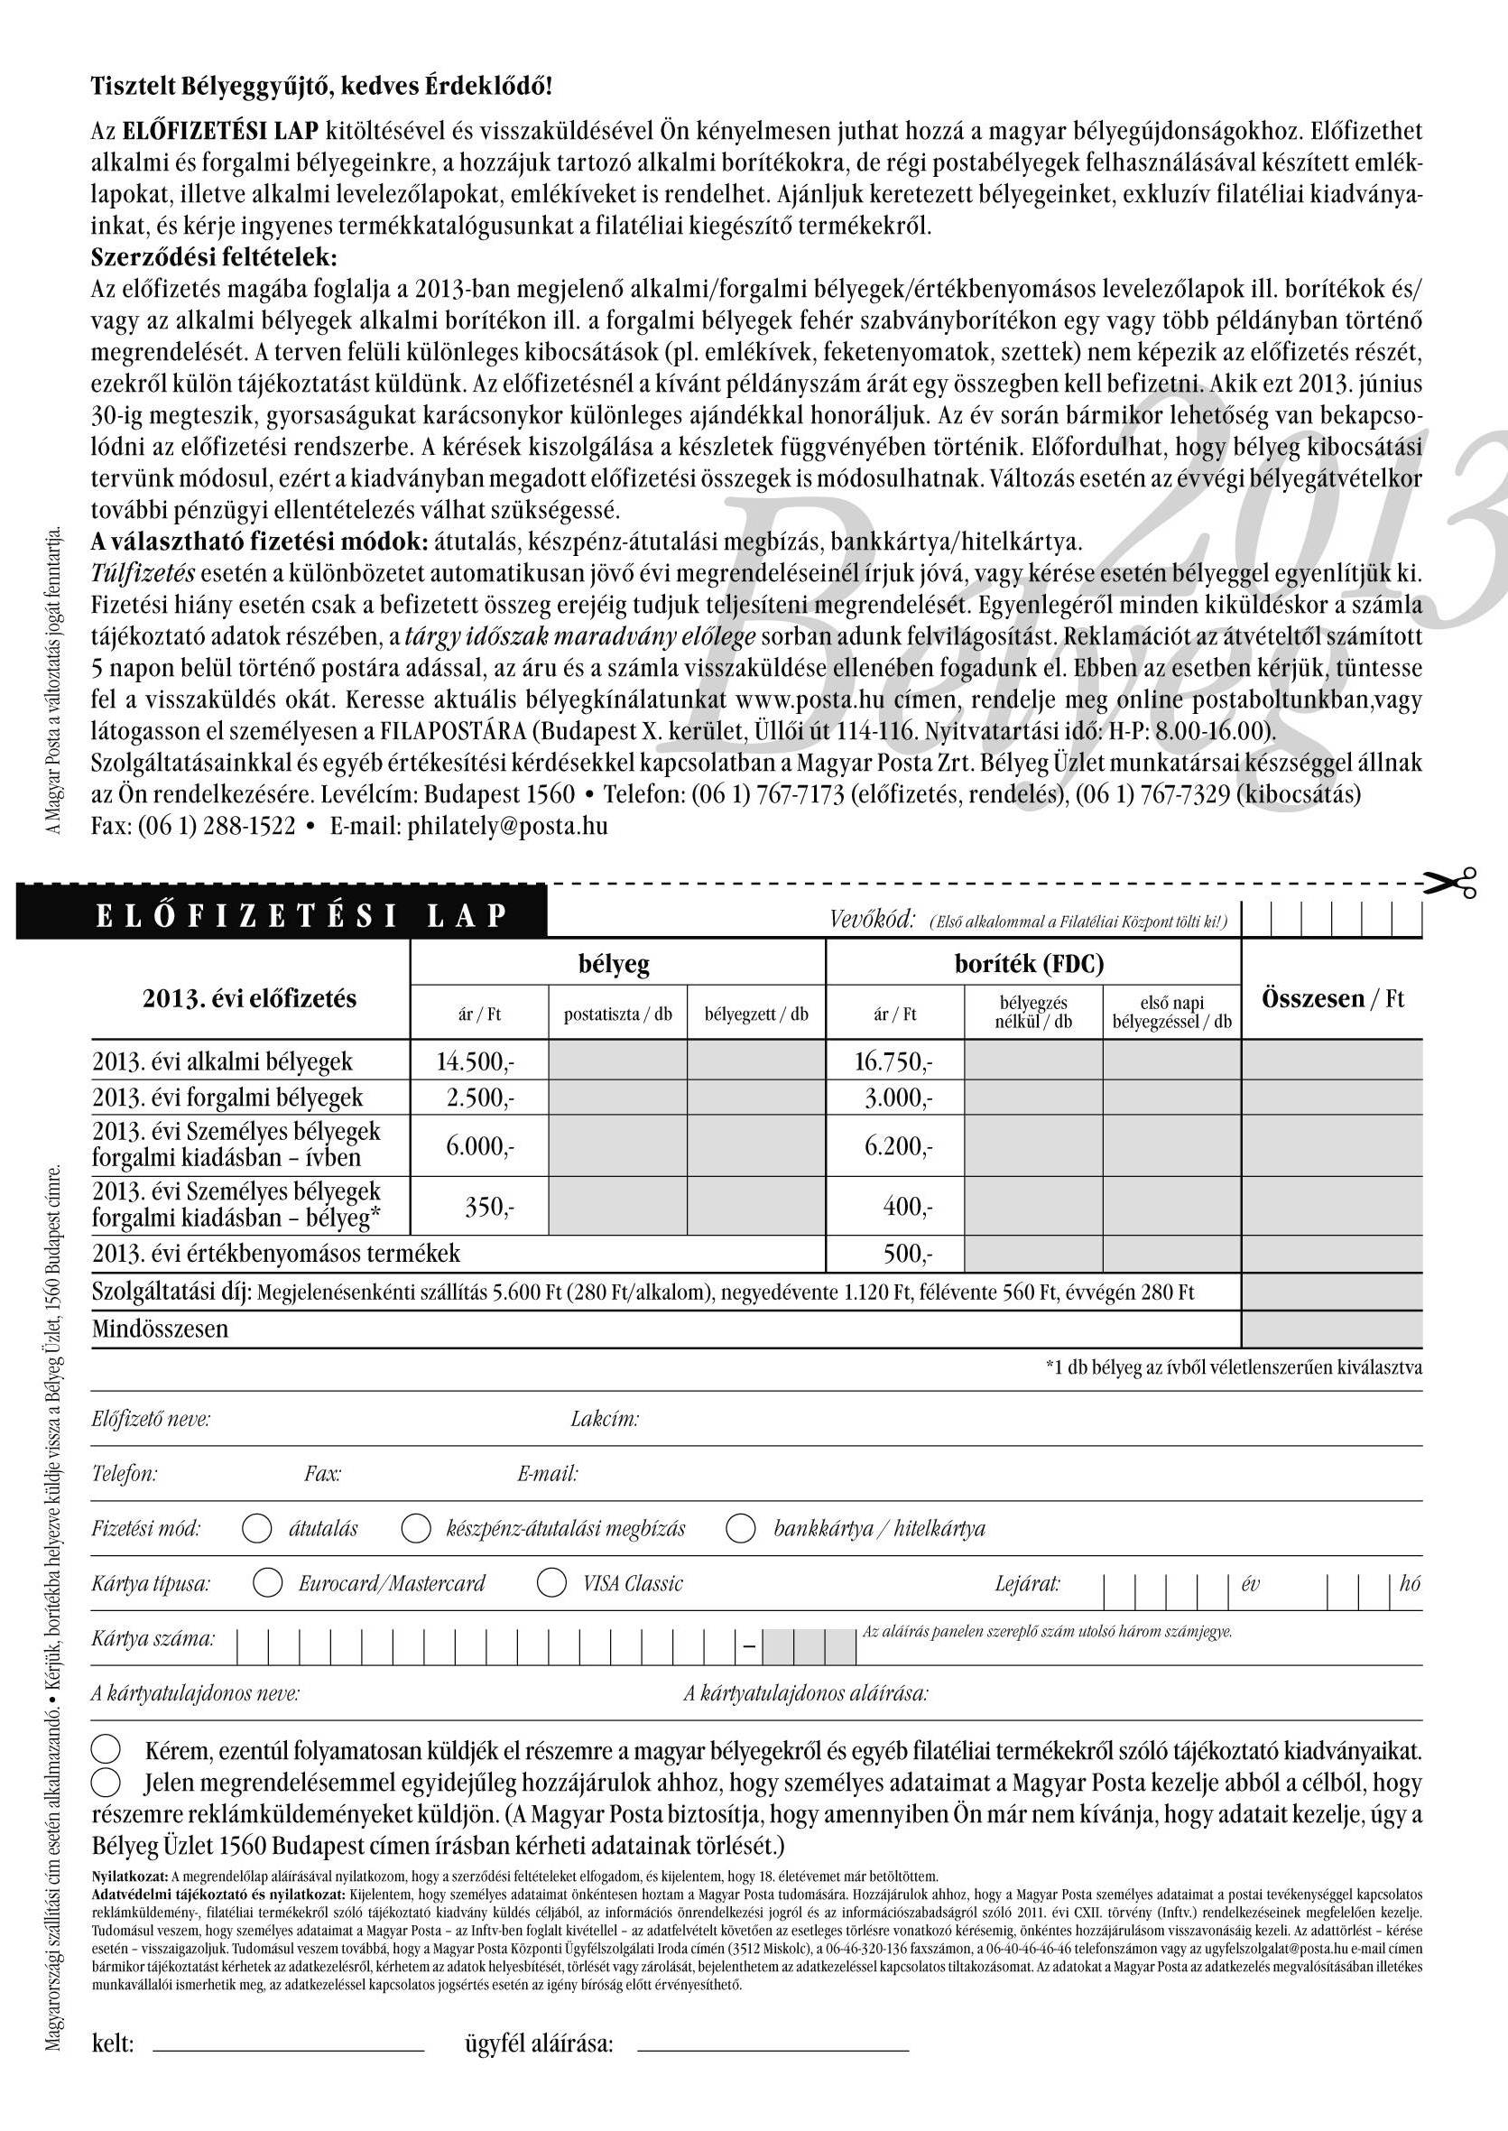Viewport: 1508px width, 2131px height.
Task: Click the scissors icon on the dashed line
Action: click(1451, 882)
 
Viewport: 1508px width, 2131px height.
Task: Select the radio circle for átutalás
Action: click(256, 1527)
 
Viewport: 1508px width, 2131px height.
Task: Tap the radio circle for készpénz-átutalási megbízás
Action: click(415, 1527)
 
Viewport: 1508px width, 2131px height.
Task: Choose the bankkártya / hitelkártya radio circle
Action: click(740, 1527)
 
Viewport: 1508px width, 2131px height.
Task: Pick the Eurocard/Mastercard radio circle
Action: click(267, 1582)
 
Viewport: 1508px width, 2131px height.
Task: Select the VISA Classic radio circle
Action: click(551, 1582)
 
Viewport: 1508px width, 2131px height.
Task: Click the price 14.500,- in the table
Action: click(476, 1061)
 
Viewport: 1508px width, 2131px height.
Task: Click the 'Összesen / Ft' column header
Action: click(1332, 998)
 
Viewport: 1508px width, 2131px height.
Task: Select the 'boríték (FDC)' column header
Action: click(1029, 964)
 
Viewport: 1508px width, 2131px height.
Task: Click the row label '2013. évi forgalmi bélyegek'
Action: click(227, 1098)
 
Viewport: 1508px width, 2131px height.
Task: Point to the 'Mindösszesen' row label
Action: click(160, 1329)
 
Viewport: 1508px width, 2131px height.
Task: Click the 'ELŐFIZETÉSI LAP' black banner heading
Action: click(301, 915)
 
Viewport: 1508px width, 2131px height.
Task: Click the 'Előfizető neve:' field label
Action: click(151, 1419)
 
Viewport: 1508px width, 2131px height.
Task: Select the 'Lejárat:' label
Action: click(1027, 1583)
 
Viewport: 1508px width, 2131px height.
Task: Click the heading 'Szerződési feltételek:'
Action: click(214, 256)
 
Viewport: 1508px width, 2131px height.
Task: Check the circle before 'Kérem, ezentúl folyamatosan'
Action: click(106, 1750)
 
